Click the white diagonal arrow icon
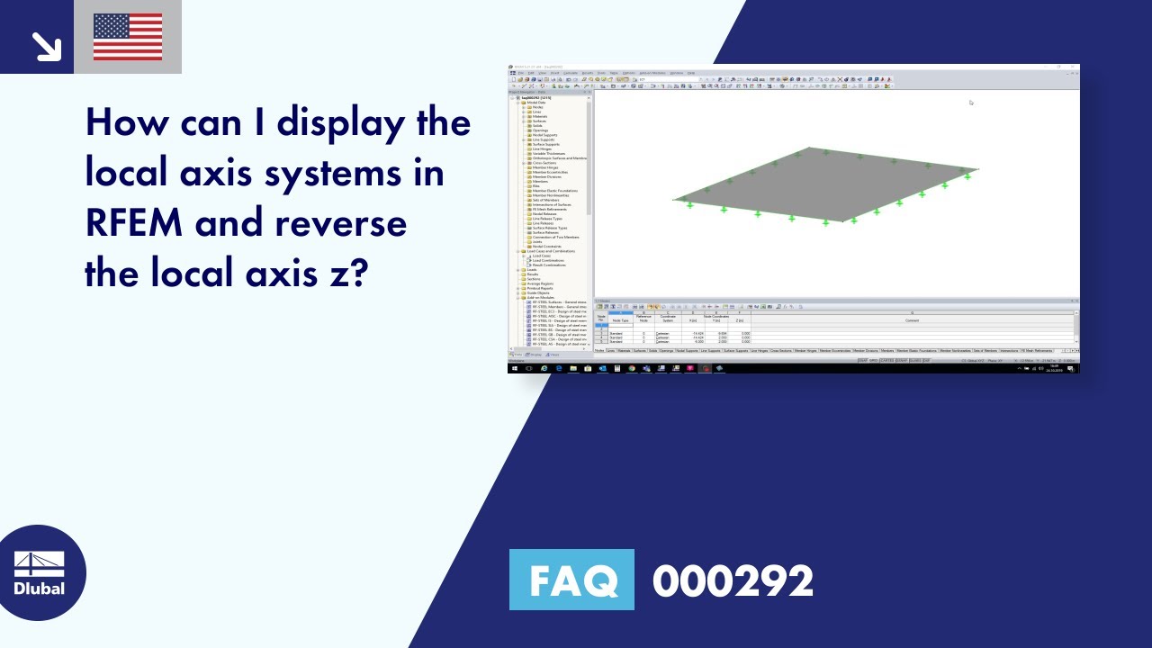(x=45, y=46)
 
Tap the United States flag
(x=128, y=37)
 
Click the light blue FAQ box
(x=571, y=580)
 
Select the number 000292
(x=733, y=580)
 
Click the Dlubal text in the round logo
(x=39, y=589)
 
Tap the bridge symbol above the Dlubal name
(x=39, y=564)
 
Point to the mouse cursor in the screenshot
(x=971, y=103)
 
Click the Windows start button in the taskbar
(x=515, y=368)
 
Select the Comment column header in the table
(x=912, y=319)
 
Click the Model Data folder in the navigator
(x=536, y=103)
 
